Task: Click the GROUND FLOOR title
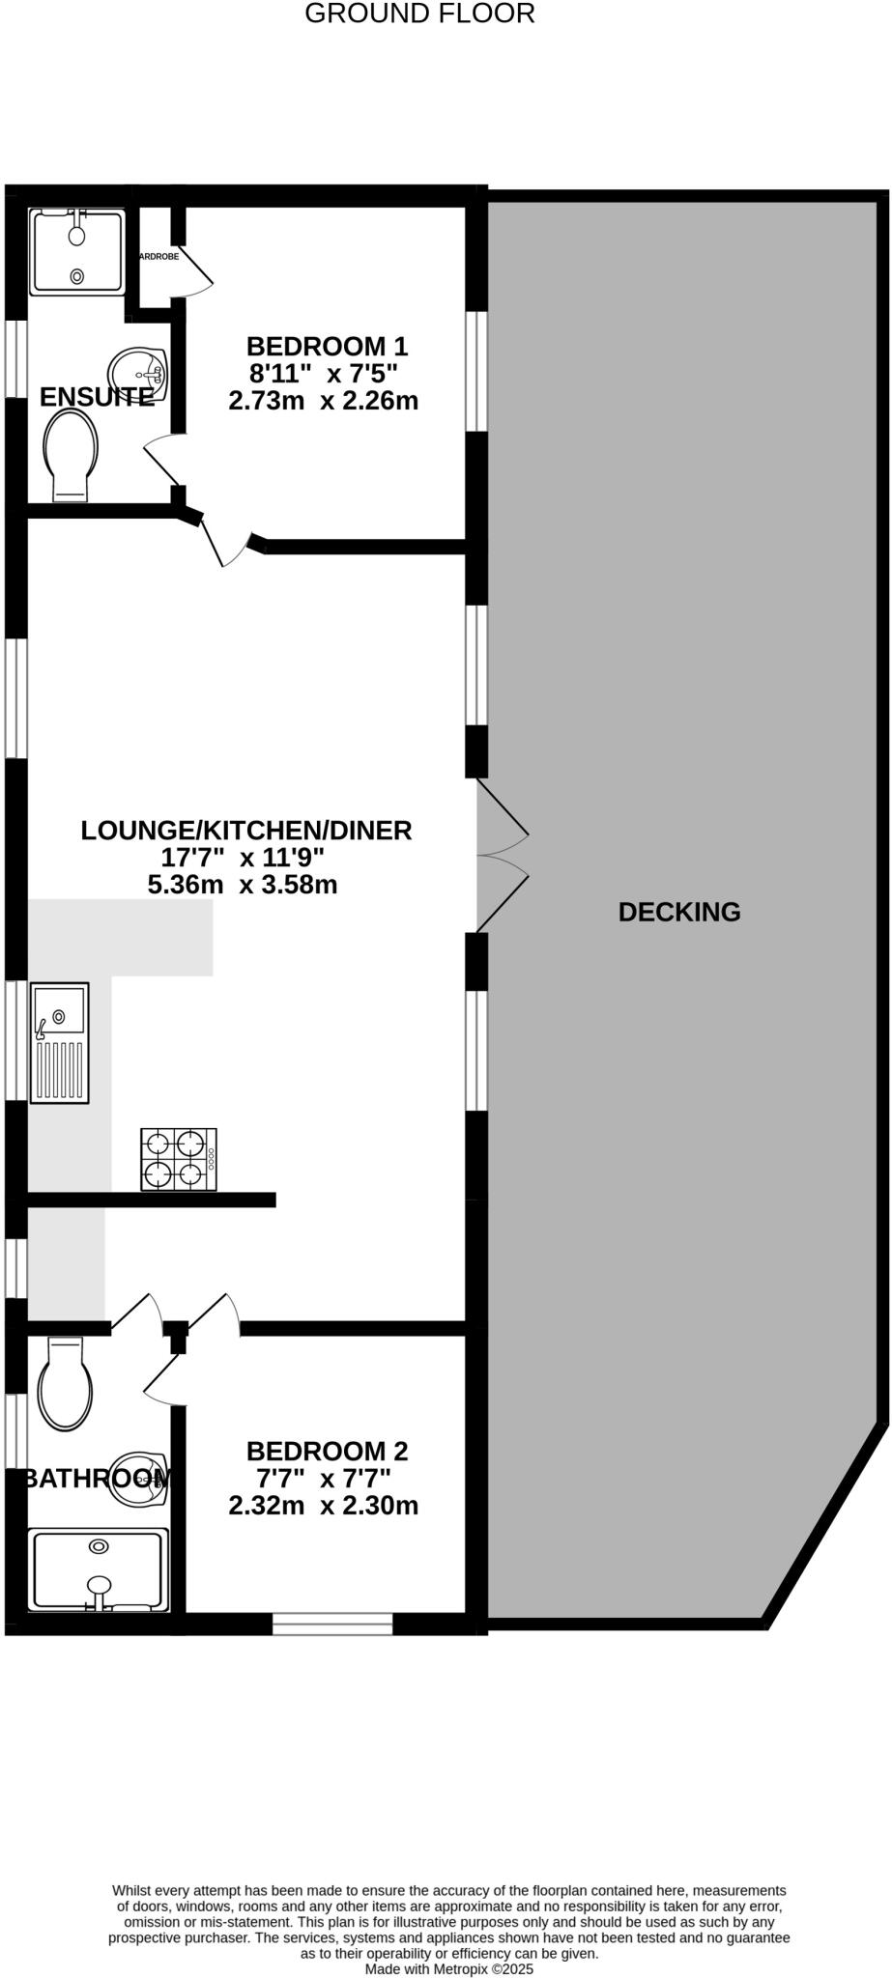coord(419,14)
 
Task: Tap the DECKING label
coord(679,912)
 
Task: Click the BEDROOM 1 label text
coord(327,346)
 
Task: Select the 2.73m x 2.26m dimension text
coord(323,400)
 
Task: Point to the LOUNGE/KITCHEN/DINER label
coord(245,831)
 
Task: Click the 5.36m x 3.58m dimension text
coord(242,884)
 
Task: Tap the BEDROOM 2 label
coord(327,1451)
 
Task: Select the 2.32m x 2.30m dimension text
coord(323,1505)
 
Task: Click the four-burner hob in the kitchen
coord(179,1159)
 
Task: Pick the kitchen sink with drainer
coord(60,1043)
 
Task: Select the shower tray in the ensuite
coord(77,251)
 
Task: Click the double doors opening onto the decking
coord(503,855)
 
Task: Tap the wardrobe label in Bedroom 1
coord(158,257)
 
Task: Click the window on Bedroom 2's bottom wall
coord(332,1624)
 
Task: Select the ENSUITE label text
coord(97,397)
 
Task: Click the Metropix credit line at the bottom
coord(448,1968)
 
